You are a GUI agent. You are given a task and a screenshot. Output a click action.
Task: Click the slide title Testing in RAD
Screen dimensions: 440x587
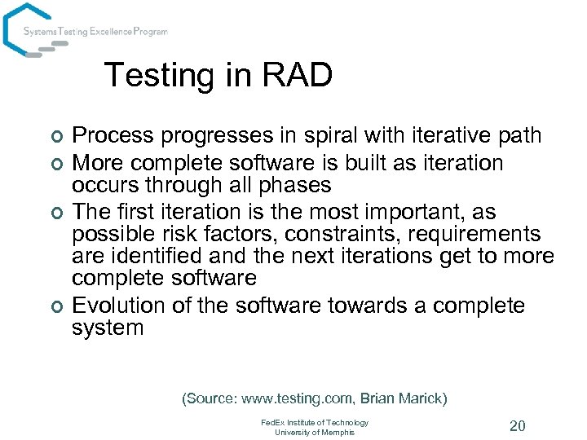tap(218, 76)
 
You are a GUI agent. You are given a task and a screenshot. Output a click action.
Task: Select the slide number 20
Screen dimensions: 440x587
tap(517, 426)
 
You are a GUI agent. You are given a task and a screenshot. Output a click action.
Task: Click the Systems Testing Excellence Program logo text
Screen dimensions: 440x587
tap(95, 32)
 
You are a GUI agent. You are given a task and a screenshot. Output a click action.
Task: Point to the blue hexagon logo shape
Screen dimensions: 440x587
tap(24, 29)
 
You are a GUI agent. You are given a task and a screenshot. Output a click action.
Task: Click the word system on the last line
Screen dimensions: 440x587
tap(108, 328)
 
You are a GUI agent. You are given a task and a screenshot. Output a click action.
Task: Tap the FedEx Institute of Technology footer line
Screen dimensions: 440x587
tap(315, 422)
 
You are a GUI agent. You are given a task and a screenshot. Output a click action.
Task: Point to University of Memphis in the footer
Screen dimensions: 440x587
tap(315, 432)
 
